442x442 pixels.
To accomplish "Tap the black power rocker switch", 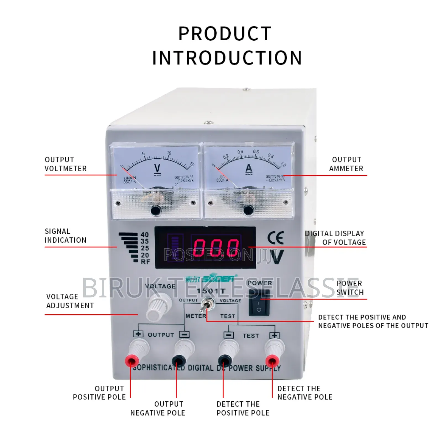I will click(x=259, y=302).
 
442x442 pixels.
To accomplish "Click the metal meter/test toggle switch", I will click(x=205, y=305).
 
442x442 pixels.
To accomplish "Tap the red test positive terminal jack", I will click(x=272, y=361).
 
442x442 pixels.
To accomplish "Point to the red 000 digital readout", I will click(x=216, y=247).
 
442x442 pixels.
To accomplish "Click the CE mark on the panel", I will click(x=275, y=238).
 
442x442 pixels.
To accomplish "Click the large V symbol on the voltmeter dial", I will click(x=157, y=169).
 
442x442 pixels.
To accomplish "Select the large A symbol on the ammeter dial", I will click(x=249, y=169).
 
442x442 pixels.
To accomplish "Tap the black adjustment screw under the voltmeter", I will click(x=156, y=211).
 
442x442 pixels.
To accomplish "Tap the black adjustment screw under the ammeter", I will click(x=248, y=210).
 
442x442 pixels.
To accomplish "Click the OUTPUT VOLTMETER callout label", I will click(x=65, y=164).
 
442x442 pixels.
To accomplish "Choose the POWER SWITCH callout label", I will click(x=349, y=288).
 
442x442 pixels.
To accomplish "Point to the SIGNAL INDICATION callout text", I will click(x=65, y=236).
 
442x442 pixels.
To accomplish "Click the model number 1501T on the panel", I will click(x=211, y=291).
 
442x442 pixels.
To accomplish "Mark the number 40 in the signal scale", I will click(x=145, y=235).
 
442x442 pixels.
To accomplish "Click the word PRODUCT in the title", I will click(x=225, y=34).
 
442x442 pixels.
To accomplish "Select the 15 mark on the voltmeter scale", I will click(x=192, y=165).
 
